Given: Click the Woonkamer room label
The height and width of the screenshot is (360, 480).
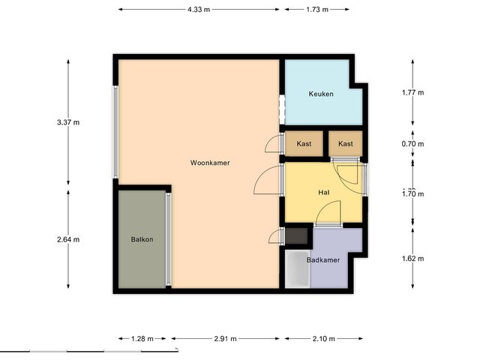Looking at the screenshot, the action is click(210, 163).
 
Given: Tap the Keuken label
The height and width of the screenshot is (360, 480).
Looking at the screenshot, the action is click(321, 94).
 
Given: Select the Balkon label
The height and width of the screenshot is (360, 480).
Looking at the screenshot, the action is click(142, 239).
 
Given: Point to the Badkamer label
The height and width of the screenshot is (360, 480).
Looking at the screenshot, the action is click(323, 260).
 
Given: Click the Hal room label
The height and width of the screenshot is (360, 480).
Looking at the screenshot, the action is click(323, 192).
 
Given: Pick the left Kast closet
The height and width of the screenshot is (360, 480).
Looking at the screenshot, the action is click(304, 143).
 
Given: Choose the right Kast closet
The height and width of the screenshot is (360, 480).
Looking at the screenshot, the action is click(346, 143).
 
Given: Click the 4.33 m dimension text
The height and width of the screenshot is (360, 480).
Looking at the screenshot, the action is click(199, 10).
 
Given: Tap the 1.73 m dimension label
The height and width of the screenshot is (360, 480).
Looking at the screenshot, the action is click(317, 10).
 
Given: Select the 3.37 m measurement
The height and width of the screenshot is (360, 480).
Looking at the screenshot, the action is click(68, 122).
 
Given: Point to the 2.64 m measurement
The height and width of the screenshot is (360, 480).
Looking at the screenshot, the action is click(68, 239).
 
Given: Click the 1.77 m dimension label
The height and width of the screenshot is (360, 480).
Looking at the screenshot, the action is click(413, 92).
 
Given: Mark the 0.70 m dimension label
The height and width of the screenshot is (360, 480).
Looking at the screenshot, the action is click(413, 143).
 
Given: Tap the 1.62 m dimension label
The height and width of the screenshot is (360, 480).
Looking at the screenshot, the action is click(413, 259).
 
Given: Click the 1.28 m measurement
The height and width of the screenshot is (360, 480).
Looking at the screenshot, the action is click(142, 338).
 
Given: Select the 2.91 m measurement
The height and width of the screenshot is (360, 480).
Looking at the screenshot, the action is click(225, 338).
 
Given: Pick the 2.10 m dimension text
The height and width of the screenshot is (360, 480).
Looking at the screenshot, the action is click(323, 338).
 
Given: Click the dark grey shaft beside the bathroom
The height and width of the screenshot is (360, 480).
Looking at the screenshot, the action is click(296, 236).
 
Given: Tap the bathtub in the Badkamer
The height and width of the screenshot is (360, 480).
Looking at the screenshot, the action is click(298, 269).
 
